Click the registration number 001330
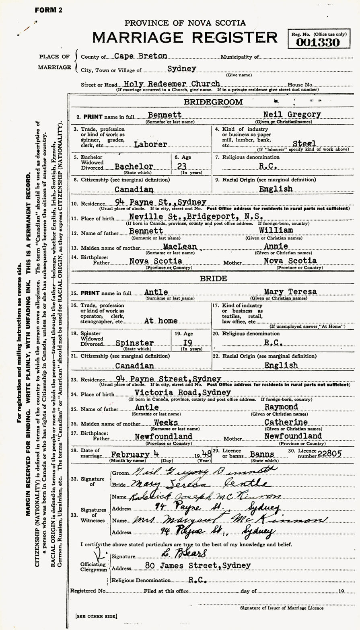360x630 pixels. [318, 42]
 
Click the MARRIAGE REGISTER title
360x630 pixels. [185, 37]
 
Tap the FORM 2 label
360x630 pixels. [48, 10]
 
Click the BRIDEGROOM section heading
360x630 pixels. [213, 102]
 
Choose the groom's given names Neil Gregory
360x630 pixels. [292, 114]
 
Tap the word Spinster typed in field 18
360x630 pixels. [134, 343]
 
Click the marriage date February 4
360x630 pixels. [136, 454]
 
